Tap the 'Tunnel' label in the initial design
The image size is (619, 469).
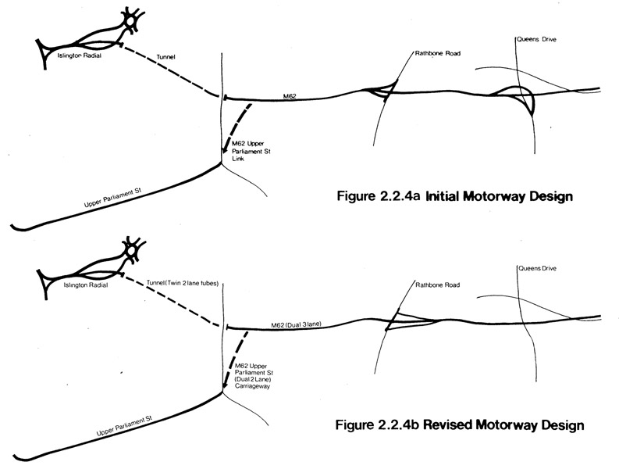pyautogui.click(x=166, y=55)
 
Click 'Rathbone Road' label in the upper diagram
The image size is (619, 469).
pyautogui.click(x=434, y=54)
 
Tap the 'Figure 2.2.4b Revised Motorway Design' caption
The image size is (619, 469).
pyautogui.click(x=459, y=425)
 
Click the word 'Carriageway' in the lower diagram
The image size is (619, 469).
pyautogui.click(x=254, y=385)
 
